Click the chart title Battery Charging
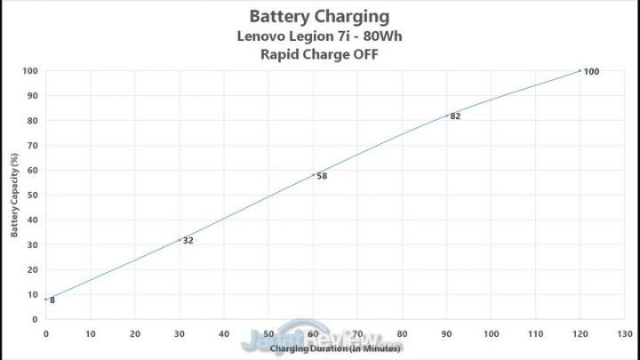pyautogui.click(x=320, y=15)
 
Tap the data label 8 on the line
pyautogui.click(x=52, y=300)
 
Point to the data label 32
pyautogui.click(x=188, y=240)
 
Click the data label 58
pyautogui.click(x=322, y=176)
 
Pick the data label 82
pyautogui.click(x=455, y=116)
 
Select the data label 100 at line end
pyautogui.click(x=591, y=71)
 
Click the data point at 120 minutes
pyautogui.click(x=580, y=70)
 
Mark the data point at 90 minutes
pyautogui.click(x=446, y=116)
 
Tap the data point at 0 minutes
pyautogui.click(x=46, y=300)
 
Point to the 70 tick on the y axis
pyautogui.click(x=32, y=145)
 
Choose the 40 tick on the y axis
pyautogui.click(x=32, y=220)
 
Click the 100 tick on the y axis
pyautogui.click(x=30, y=71)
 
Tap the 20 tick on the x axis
pyautogui.click(x=135, y=334)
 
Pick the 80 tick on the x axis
pyautogui.click(x=402, y=334)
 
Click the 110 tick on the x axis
pyautogui.click(x=535, y=334)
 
